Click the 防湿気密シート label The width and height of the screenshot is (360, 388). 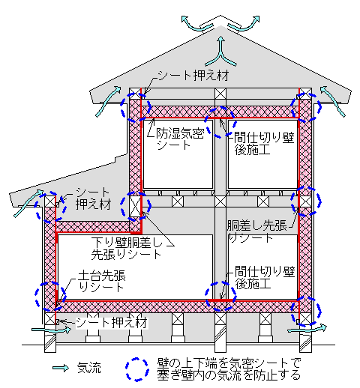click(180, 139)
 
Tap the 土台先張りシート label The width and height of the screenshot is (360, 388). click(101, 282)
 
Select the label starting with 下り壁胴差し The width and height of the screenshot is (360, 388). click(127, 249)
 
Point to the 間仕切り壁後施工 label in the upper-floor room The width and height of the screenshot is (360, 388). click(264, 144)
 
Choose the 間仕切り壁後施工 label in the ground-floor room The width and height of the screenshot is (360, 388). click(265, 277)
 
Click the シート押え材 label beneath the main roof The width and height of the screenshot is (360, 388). click(193, 76)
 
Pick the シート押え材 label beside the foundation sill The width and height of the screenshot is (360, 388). click(112, 323)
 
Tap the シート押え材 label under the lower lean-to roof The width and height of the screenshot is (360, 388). click(93, 198)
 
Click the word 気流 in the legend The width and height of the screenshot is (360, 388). click(89, 368)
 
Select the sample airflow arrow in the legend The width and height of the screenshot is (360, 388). click(61, 368)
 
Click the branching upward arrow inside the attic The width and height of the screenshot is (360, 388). click(220, 52)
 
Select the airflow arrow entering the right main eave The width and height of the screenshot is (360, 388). click(332, 101)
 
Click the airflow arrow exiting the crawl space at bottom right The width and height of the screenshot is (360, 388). click(307, 329)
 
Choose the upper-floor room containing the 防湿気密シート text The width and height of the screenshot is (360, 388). click(178, 154)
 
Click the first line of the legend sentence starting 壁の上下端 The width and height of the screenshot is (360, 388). click(229, 363)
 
